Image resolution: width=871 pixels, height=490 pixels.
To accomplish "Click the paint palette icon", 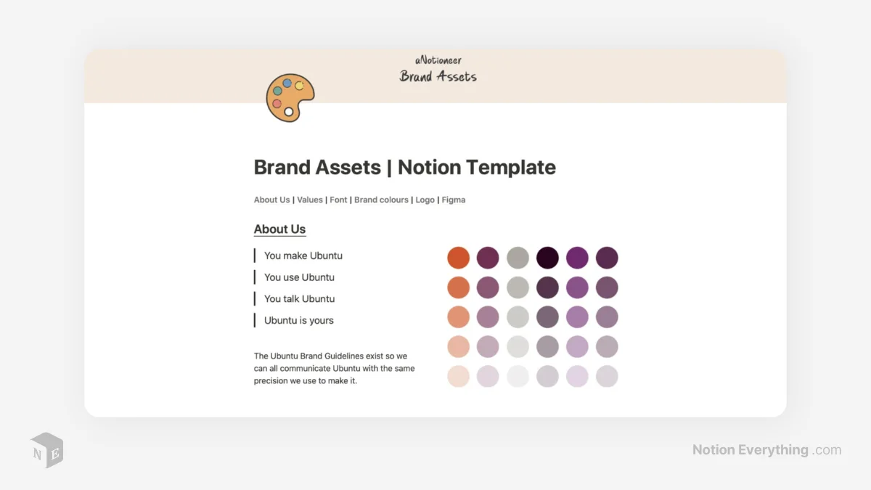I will pos(290,98).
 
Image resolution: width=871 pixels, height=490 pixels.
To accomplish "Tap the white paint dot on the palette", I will pos(289,112).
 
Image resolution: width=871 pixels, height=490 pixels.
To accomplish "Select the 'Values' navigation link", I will pos(310,200).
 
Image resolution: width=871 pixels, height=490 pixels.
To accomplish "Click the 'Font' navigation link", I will pos(338,200).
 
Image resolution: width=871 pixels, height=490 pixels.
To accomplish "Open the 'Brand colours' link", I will pos(381,200).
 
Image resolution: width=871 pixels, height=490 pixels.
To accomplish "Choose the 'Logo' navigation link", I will pos(425,200).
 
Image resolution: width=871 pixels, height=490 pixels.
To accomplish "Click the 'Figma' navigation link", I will pos(454,200).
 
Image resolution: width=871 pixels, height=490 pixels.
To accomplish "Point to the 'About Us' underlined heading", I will pos(279,229).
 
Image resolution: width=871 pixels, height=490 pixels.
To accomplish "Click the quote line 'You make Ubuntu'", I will pos(303,256).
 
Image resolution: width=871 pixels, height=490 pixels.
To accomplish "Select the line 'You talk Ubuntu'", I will pos(299,298).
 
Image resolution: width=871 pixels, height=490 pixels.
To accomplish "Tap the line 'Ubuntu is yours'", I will pos(299,320).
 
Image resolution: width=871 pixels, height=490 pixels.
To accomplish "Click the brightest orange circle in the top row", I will pos(458,258).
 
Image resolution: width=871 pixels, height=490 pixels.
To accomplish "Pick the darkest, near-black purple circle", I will pos(547,258).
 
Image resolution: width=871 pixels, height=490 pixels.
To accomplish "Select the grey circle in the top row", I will pos(518,258).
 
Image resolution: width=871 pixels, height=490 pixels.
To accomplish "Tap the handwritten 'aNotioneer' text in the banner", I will pos(438,60).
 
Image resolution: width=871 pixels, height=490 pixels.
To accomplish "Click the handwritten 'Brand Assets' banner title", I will pos(438,76).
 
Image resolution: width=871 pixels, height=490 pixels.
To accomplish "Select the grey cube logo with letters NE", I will pos(46,450).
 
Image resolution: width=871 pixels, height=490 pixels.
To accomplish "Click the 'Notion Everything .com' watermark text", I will pos(766,450).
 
